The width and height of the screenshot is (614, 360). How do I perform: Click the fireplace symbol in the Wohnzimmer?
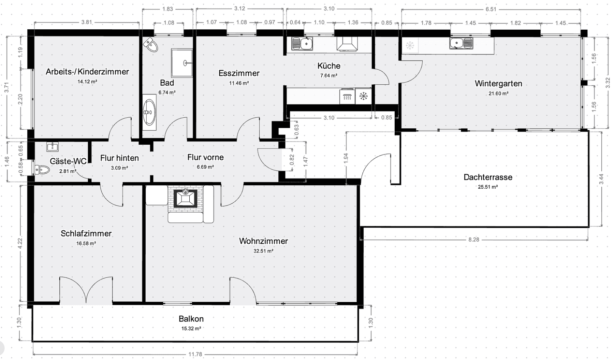[x=185, y=198]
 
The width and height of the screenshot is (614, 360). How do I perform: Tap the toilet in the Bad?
[x=151, y=45]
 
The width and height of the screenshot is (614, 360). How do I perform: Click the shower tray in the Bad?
[x=181, y=63]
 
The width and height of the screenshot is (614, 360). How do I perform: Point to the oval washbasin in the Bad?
[x=149, y=112]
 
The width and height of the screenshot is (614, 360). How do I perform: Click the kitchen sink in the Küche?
[x=302, y=44]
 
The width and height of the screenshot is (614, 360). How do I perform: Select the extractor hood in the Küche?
[x=347, y=44]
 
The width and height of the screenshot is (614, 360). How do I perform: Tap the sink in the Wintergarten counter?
[x=461, y=43]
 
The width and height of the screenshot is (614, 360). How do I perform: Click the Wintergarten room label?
[x=498, y=84]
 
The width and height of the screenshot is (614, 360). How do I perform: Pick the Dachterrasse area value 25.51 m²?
[x=488, y=187]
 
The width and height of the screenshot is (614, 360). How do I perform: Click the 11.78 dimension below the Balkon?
[x=195, y=354]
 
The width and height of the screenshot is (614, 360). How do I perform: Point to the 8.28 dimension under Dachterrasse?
[x=473, y=240]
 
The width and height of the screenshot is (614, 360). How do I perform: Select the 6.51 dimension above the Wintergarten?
[x=491, y=9]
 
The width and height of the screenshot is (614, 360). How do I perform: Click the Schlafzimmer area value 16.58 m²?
[x=86, y=244]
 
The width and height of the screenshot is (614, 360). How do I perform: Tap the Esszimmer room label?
[x=239, y=73]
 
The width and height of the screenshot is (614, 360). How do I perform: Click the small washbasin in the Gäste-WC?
[x=53, y=147]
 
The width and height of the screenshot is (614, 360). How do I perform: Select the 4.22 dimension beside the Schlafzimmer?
[x=20, y=243]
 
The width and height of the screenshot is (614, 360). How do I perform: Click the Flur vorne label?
[x=205, y=157]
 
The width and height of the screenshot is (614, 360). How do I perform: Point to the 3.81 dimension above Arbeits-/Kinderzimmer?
[x=86, y=22]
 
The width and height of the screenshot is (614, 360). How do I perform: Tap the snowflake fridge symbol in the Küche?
[x=364, y=96]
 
